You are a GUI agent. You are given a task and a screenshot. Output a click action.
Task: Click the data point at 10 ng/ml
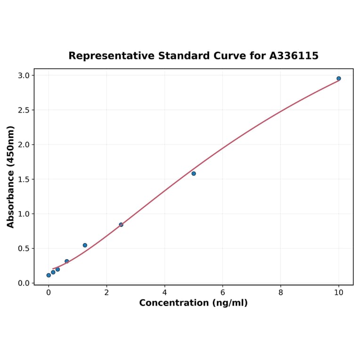(x=338, y=79)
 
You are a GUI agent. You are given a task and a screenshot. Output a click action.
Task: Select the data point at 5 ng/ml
(x=194, y=173)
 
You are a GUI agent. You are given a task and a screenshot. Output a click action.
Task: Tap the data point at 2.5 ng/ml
(x=121, y=225)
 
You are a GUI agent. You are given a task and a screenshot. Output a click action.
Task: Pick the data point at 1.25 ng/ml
(x=85, y=245)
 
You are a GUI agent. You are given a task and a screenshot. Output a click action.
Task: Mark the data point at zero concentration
(x=49, y=275)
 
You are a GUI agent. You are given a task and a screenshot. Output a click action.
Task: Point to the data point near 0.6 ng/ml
(x=67, y=261)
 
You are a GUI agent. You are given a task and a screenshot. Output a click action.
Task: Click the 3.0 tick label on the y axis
(x=24, y=75)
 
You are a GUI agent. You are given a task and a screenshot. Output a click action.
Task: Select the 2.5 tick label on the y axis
(x=24, y=110)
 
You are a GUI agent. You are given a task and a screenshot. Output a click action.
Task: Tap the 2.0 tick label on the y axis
(x=24, y=145)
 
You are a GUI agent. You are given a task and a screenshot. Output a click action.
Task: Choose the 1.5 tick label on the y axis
(x=24, y=180)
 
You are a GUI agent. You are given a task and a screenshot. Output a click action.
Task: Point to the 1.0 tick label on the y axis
(x=24, y=214)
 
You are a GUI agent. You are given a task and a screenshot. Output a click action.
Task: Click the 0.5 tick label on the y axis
(x=24, y=249)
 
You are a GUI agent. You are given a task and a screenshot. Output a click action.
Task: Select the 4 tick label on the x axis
(x=164, y=293)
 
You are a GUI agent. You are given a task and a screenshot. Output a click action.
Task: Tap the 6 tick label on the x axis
(x=222, y=293)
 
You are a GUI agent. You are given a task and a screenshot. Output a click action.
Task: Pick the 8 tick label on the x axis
(x=281, y=293)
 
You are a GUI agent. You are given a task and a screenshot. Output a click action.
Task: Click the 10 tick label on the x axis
(x=338, y=293)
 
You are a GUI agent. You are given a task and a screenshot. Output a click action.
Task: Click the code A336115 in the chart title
(x=294, y=56)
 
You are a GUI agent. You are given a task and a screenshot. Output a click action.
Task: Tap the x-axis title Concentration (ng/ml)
(x=193, y=303)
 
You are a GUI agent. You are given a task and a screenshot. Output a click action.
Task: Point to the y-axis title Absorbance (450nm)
(x=11, y=177)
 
